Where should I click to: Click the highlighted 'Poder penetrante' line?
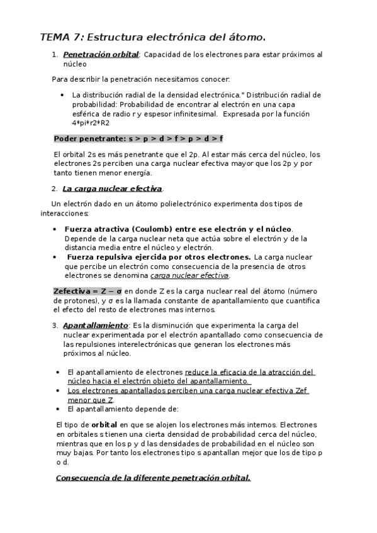138,138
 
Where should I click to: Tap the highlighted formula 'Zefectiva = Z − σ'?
87,292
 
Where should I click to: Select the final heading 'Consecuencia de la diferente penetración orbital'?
153,478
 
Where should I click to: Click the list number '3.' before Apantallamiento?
55,326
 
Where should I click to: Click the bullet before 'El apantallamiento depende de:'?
58,409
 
